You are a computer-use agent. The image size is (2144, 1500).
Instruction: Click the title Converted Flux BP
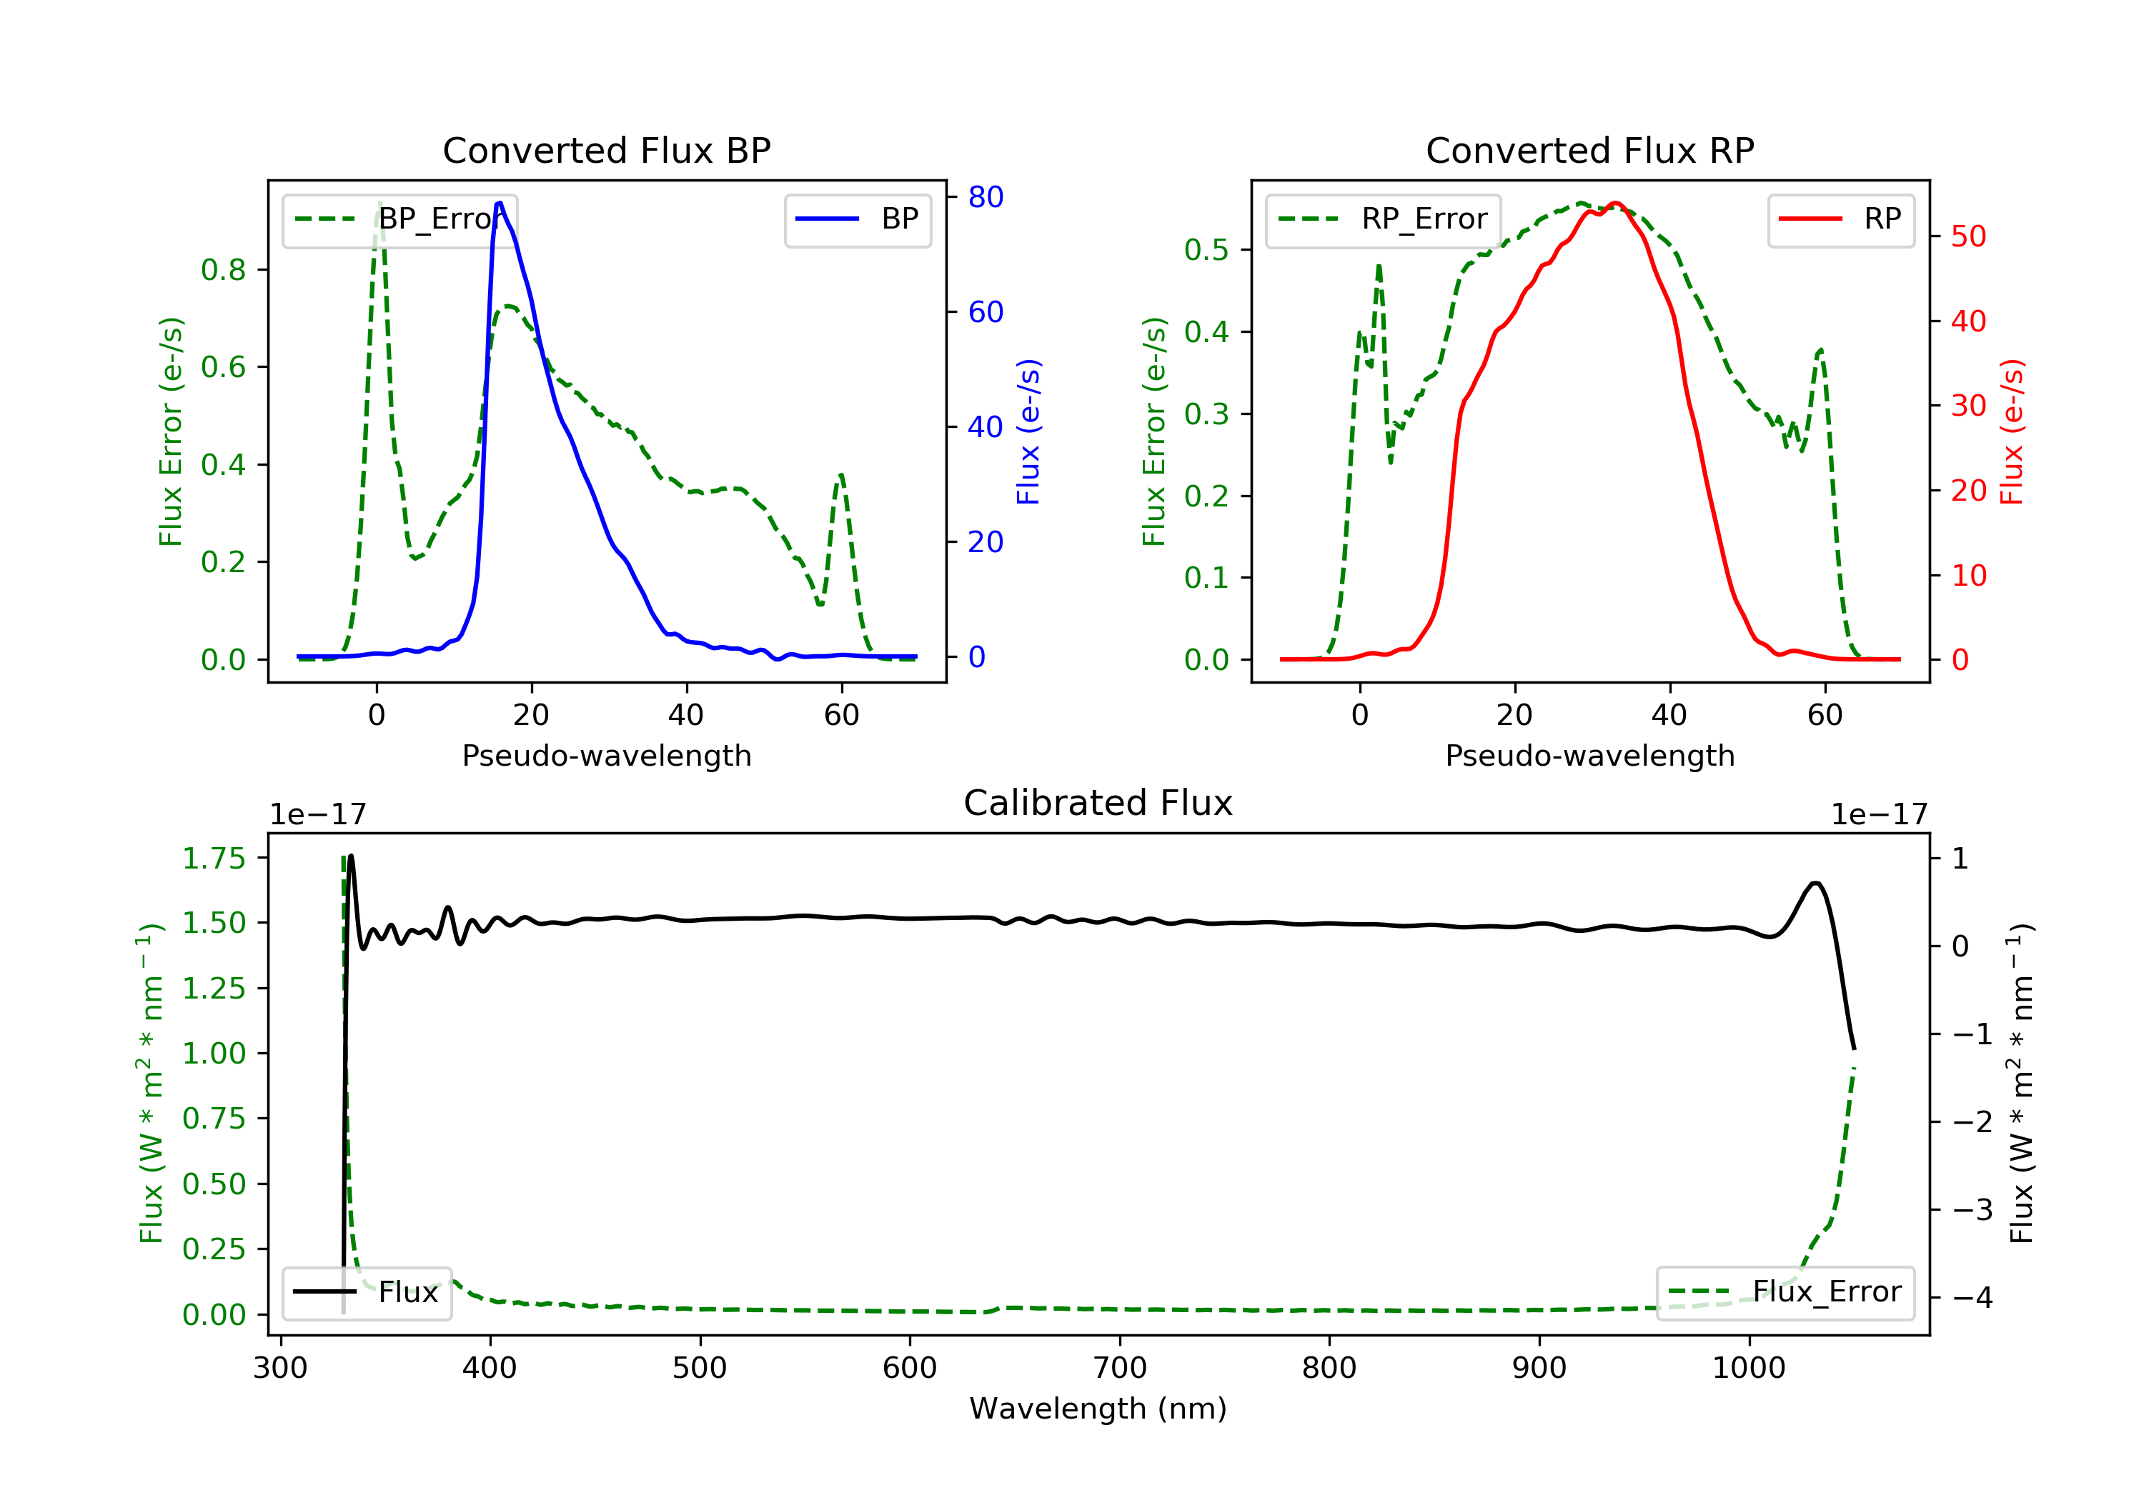click(606, 150)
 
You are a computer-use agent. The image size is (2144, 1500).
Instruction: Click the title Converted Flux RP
click(1589, 150)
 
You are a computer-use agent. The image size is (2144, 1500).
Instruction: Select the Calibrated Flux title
click(1098, 803)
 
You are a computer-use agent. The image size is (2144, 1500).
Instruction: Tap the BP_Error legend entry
click(399, 219)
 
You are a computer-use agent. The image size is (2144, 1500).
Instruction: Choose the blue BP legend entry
click(857, 219)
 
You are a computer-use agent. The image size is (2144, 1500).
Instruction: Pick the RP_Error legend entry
click(1383, 219)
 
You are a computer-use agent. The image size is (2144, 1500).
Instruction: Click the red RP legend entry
click(1840, 219)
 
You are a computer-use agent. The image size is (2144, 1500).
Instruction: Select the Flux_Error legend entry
click(1785, 1292)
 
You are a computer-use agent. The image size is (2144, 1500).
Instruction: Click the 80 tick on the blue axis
click(985, 197)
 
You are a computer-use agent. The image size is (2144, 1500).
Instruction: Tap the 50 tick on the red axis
click(1968, 236)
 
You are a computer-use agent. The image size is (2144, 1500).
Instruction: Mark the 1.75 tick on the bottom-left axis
click(213, 858)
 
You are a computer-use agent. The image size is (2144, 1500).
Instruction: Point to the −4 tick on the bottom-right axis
click(1973, 1297)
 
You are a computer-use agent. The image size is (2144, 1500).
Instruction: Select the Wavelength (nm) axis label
click(1098, 1409)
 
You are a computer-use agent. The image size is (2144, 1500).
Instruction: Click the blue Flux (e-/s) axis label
click(1028, 431)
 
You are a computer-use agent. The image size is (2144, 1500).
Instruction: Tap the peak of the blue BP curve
click(500, 203)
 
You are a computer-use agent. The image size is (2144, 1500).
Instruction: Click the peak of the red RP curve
click(1617, 204)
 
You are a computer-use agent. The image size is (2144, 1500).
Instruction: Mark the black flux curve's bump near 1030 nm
click(1815, 883)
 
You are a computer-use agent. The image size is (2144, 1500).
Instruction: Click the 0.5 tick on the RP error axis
click(1206, 249)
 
